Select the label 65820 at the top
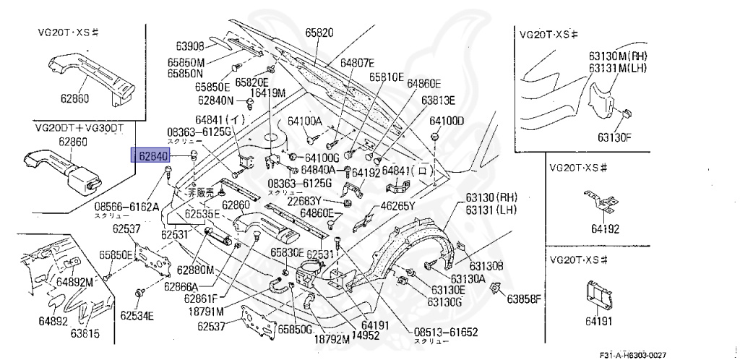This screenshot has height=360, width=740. point(319,33)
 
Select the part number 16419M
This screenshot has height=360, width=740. point(268,92)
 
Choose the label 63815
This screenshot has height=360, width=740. point(85,333)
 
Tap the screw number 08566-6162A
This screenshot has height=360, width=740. point(126,206)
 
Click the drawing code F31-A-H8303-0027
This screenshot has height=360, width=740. point(632,354)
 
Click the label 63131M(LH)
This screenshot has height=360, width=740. point(618,67)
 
